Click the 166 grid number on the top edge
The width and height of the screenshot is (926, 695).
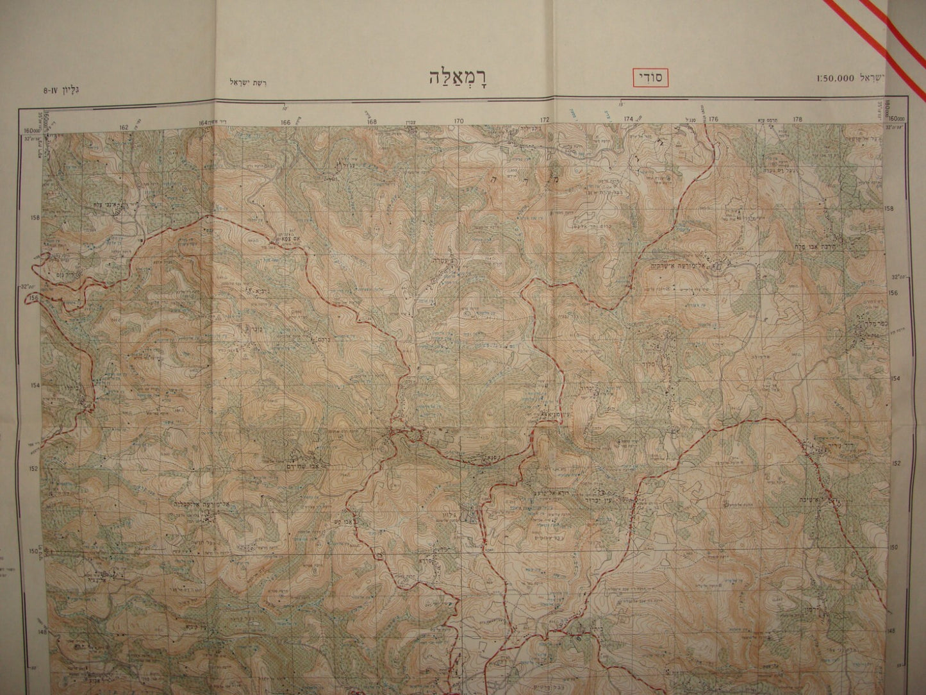click(x=285, y=122)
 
